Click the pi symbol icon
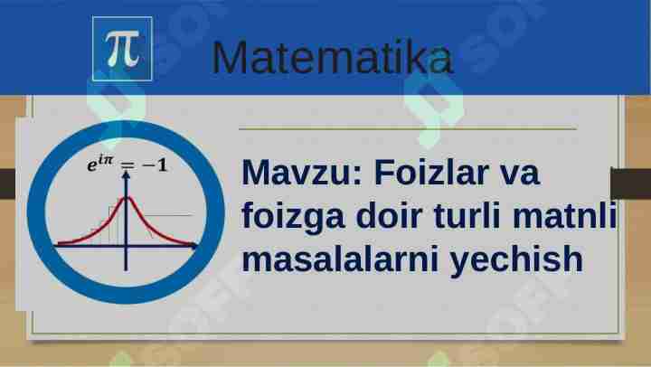tap(122, 48)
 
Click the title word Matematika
tap(332, 58)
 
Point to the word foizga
tap(288, 217)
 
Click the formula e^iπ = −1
tap(126, 165)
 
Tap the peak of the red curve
tap(127, 198)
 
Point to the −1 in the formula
tap(153, 165)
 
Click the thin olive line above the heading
tap(407, 129)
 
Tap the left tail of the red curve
tap(68, 242)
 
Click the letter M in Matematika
tap(230, 59)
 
